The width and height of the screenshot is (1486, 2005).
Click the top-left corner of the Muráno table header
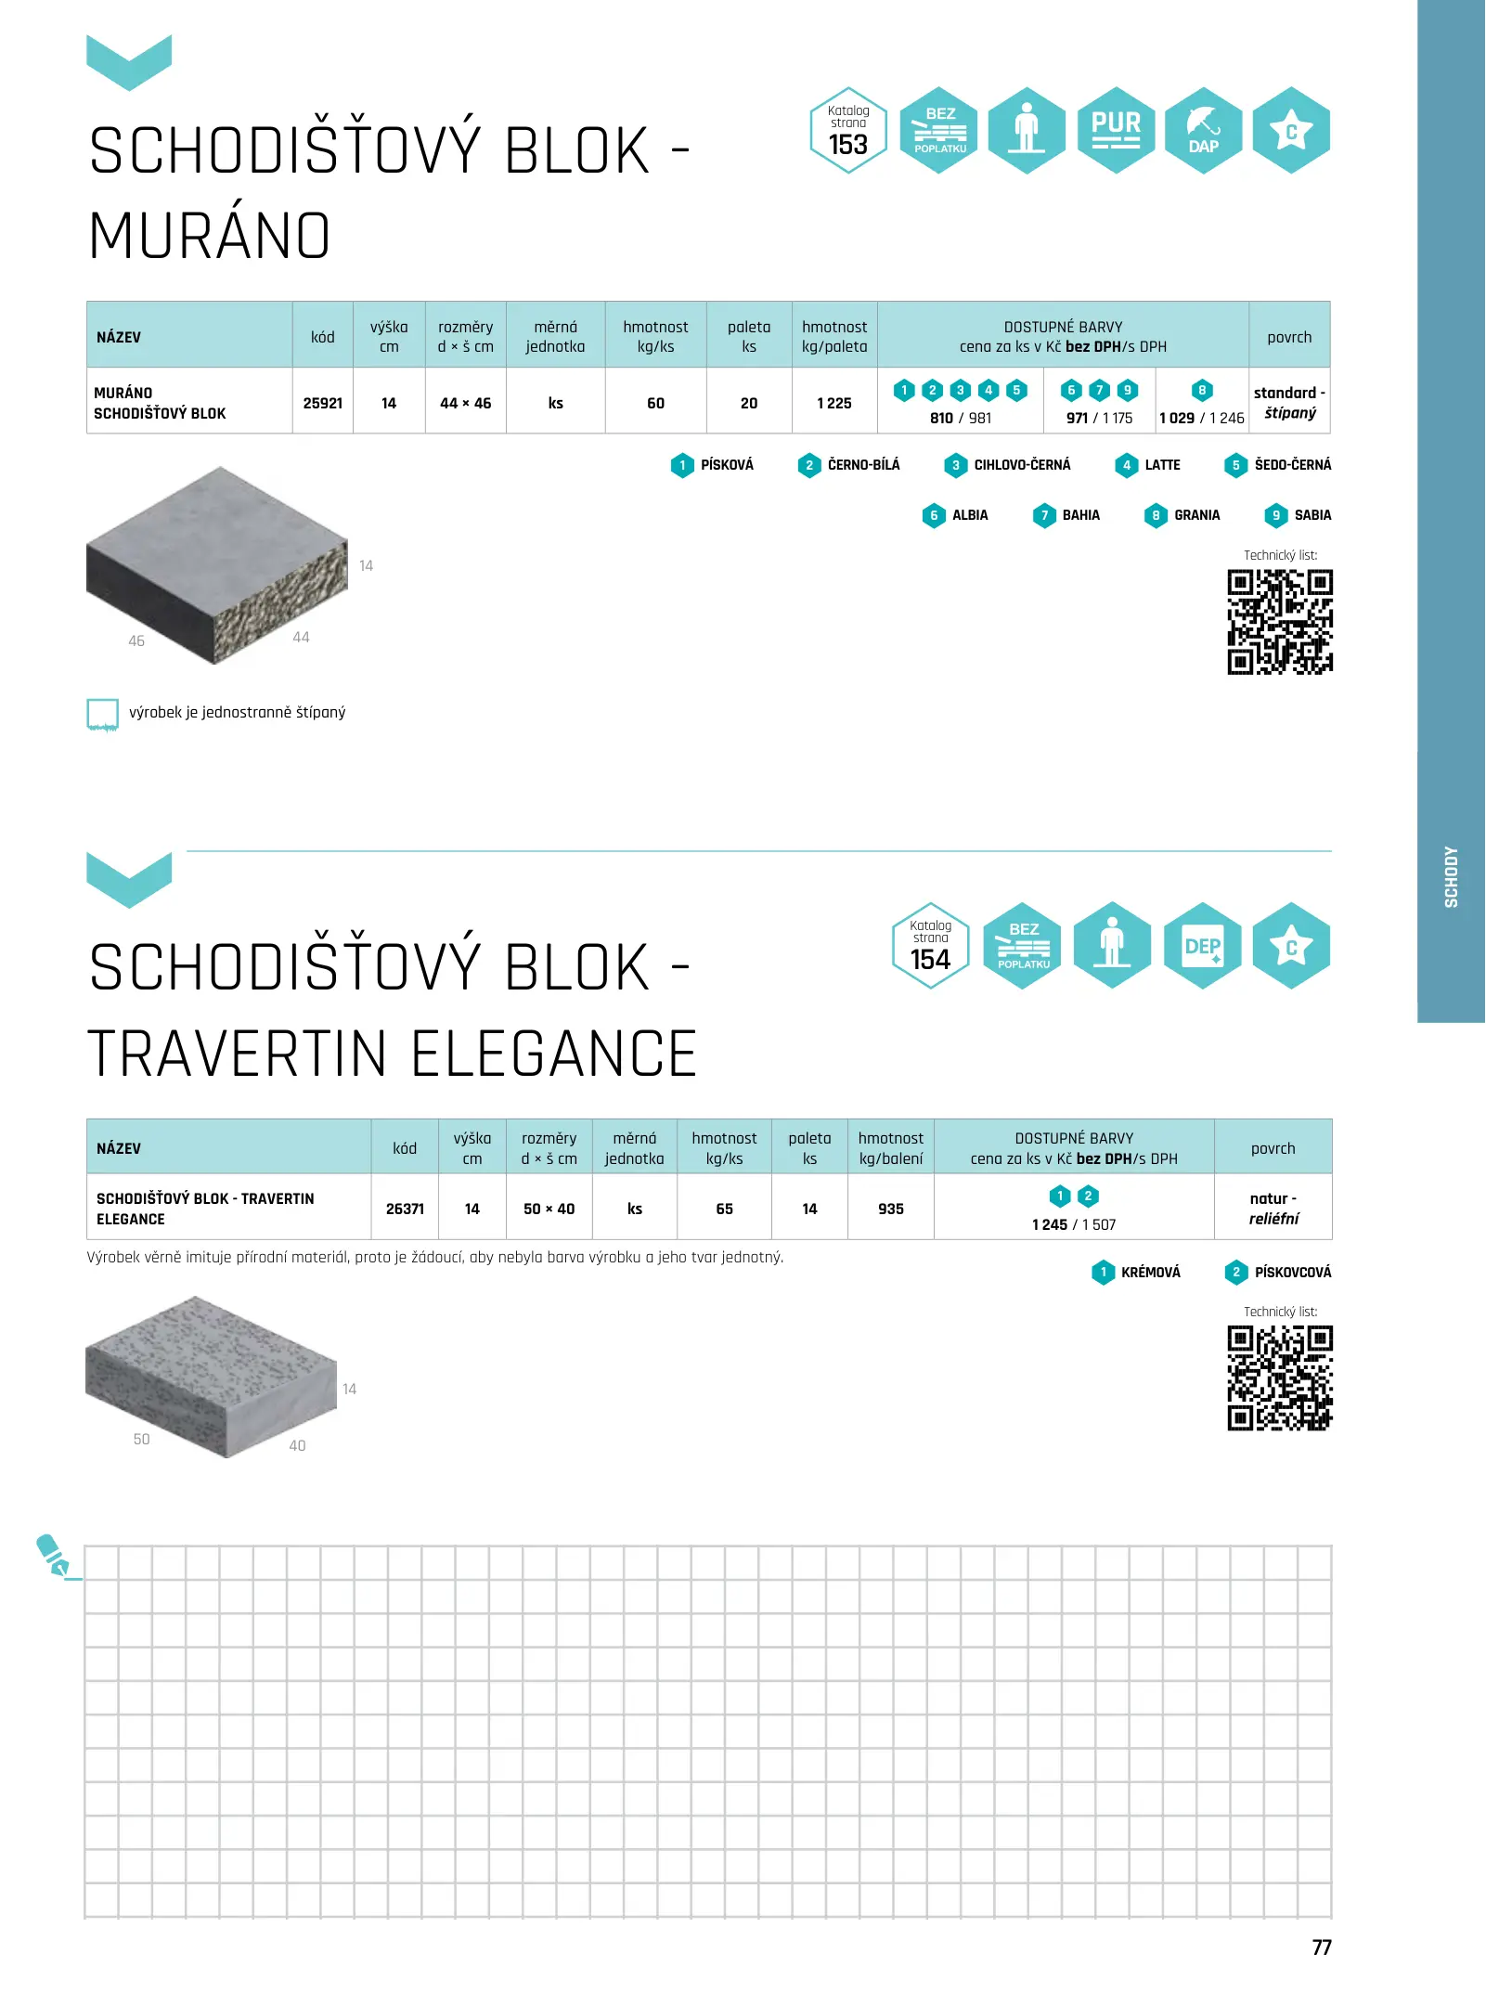click(x=87, y=302)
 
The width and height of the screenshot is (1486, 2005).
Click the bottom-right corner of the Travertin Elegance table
click(x=1332, y=1239)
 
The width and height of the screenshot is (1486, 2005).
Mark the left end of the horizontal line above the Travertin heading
click(x=187, y=850)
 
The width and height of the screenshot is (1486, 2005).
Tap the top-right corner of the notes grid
click(x=1332, y=1546)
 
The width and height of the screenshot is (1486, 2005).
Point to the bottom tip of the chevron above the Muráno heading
click(x=129, y=91)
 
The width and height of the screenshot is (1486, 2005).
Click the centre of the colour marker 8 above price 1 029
click(x=1202, y=391)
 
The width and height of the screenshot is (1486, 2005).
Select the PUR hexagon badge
click(x=1116, y=130)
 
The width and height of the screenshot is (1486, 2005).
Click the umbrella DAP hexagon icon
click(x=1204, y=130)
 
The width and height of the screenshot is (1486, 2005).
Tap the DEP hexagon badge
click(x=1202, y=946)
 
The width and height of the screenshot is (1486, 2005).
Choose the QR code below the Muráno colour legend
click(x=1280, y=622)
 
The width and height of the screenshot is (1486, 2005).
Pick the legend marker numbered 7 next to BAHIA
click(x=1044, y=515)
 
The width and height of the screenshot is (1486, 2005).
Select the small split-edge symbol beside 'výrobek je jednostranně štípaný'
click(x=102, y=715)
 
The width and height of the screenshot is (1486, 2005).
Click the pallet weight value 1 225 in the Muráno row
click(x=834, y=403)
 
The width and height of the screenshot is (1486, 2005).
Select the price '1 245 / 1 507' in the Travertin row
click(x=1074, y=1224)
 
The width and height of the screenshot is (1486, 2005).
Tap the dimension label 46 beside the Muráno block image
click(x=136, y=640)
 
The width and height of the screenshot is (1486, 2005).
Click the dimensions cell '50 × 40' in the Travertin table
click(x=549, y=1209)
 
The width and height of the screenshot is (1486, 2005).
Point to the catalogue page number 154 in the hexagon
click(x=930, y=960)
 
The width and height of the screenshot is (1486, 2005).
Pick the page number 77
click(x=1322, y=1947)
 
